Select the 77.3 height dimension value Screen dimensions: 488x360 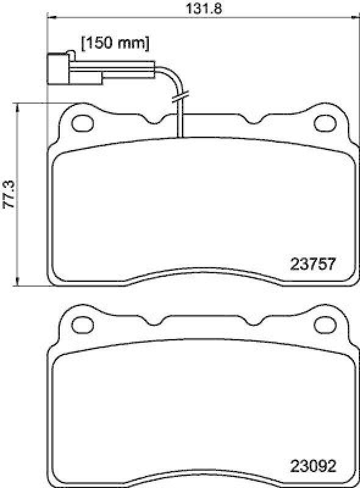tap(9, 194)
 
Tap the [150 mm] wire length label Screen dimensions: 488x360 tap(115, 43)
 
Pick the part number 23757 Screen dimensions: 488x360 tap(312, 264)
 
